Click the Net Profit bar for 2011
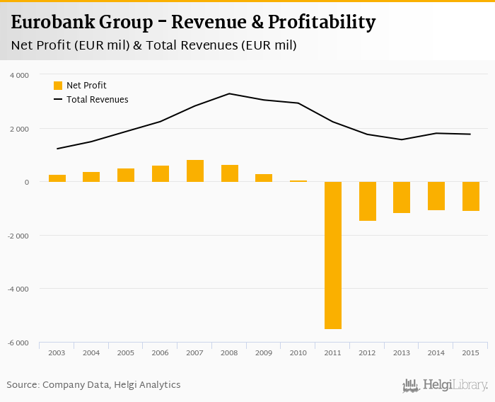[333, 255]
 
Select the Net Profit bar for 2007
[195, 171]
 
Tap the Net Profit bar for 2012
[368, 201]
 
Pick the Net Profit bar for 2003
[57, 178]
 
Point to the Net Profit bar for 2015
[471, 196]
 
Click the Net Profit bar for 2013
[402, 197]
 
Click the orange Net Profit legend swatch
[58, 86]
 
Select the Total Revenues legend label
[98, 100]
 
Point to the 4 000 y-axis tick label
[19, 75]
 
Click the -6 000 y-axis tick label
[18, 343]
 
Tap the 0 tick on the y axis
[26, 182]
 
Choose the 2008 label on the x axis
[230, 352]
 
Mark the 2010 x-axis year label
[298, 352]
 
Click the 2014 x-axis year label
[436, 352]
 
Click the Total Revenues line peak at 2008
[230, 93]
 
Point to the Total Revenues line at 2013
[402, 139]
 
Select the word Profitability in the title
[322, 23]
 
